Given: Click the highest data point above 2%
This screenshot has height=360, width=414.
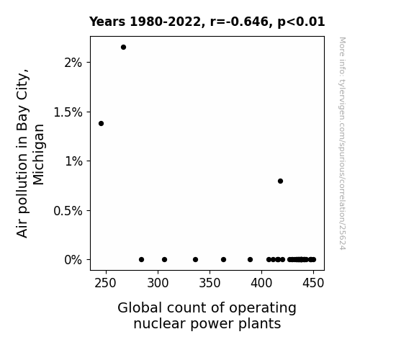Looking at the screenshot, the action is click(x=123, y=48).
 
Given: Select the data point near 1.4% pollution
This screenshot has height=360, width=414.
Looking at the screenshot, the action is click(x=101, y=123).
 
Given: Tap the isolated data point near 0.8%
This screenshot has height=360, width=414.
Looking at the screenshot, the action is click(x=280, y=181).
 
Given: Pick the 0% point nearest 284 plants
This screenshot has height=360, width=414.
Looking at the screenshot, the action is click(x=142, y=259).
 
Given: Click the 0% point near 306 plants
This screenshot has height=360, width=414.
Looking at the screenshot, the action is click(x=164, y=259).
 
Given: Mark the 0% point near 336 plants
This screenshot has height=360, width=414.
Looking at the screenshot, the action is click(x=195, y=259).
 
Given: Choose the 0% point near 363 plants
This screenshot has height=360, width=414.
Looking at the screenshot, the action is click(x=224, y=259).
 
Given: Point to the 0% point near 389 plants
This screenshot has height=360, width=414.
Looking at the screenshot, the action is click(x=251, y=259).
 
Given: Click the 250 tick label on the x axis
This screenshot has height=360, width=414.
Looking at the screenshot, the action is click(x=106, y=283).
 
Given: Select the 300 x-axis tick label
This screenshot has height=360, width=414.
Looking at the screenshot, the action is click(x=158, y=283).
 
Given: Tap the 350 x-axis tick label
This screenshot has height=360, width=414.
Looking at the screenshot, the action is click(x=210, y=283).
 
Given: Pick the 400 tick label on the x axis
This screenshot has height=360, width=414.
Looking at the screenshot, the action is click(x=261, y=283).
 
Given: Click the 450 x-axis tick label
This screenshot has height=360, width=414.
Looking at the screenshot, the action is click(x=313, y=283).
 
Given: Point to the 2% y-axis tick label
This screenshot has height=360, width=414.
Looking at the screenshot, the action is click(x=73, y=63).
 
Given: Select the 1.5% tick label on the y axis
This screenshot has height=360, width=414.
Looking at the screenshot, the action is click(x=68, y=112).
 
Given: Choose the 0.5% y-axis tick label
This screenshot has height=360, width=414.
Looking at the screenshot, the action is click(x=68, y=211).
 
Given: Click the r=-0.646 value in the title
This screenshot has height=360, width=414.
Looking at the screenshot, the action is click(x=239, y=22).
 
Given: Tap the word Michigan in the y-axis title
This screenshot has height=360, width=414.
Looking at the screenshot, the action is click(x=39, y=155).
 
